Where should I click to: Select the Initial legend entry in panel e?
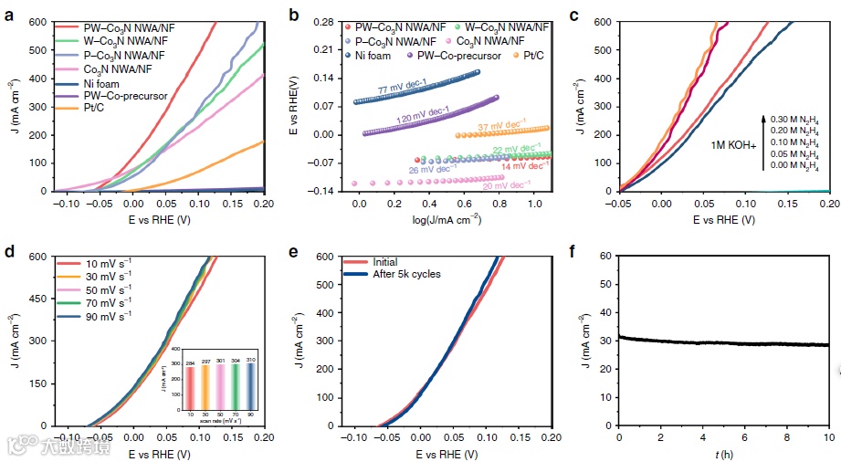pos(373,261)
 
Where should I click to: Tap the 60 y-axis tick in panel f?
pos(605,257)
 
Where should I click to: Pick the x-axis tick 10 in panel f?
pos(828,438)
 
